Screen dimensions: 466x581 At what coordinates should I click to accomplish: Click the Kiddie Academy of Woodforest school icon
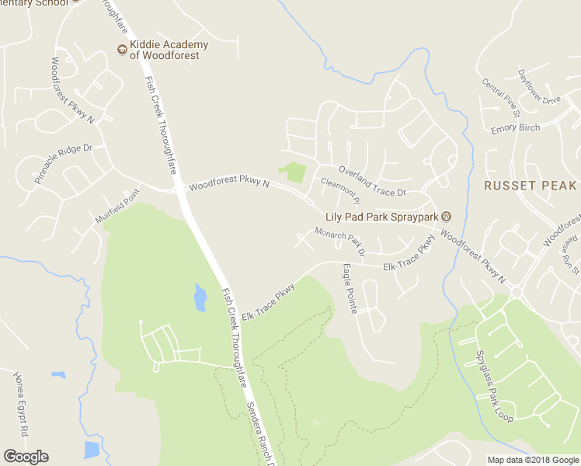(x=122, y=50)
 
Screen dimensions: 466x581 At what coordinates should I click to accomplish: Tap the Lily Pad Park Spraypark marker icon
(x=446, y=215)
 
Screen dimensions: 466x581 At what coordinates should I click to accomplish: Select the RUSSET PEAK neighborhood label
(x=531, y=186)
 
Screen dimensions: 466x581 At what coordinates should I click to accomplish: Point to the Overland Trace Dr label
(x=371, y=181)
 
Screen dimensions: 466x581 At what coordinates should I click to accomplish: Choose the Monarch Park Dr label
(x=339, y=242)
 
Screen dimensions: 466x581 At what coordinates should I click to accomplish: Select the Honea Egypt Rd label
(x=21, y=404)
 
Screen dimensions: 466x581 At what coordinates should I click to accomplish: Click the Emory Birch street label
(x=515, y=128)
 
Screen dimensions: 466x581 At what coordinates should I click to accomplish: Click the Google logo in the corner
(x=26, y=457)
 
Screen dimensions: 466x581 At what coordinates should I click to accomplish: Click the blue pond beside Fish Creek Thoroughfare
(x=200, y=297)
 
